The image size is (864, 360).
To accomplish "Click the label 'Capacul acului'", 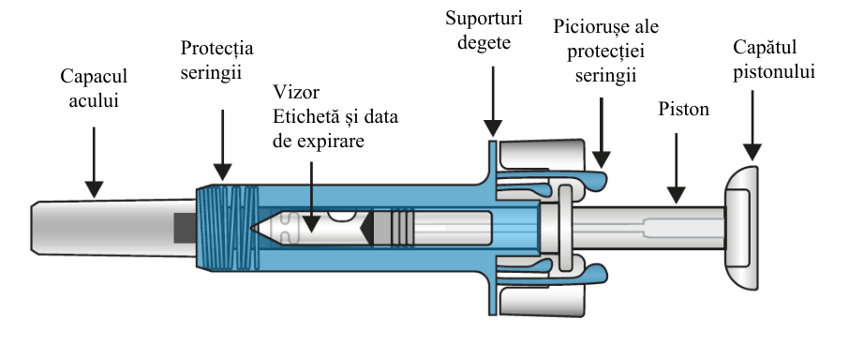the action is (x=94, y=88).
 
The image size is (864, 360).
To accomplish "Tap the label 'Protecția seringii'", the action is (x=216, y=60).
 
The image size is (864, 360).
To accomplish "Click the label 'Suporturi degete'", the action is (x=484, y=30).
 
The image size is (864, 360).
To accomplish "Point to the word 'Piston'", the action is (x=684, y=109).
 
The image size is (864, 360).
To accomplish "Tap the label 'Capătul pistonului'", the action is (x=774, y=60).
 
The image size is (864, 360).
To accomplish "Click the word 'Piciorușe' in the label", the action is (x=589, y=27).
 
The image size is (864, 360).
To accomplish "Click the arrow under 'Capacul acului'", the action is (x=94, y=162).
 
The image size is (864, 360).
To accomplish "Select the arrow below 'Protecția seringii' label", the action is (x=223, y=145).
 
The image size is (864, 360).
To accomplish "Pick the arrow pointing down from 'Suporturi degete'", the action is (x=492, y=101).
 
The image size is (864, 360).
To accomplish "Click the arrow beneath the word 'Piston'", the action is (x=676, y=168).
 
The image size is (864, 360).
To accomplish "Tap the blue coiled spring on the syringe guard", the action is (x=228, y=228).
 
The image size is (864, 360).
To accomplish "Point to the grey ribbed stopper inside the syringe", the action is (x=394, y=227).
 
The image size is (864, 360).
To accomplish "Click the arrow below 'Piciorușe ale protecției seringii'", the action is (x=602, y=133).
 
